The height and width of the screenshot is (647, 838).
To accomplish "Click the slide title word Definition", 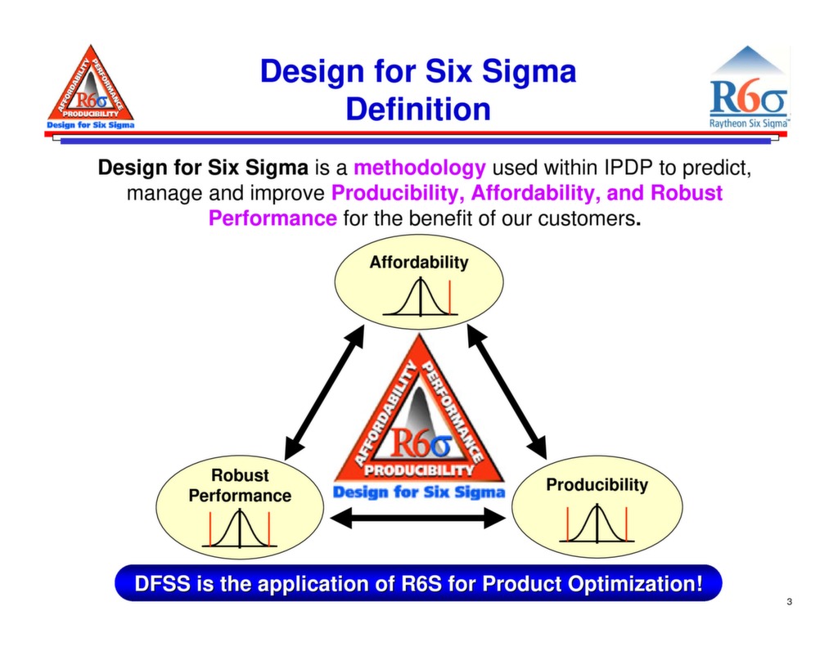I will tap(418, 109).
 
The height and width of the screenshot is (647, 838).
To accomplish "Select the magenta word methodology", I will tap(420, 168).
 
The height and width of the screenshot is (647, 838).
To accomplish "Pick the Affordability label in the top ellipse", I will tap(419, 263).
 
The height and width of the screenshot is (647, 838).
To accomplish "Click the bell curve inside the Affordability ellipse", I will tap(420, 298).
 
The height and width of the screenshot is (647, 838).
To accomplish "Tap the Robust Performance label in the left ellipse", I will tap(240, 485).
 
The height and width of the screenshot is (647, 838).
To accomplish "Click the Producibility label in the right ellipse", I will tap(597, 485).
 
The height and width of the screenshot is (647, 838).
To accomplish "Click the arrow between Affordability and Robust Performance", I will tap(324, 392).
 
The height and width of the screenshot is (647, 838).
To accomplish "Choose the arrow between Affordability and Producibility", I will tap(506, 392).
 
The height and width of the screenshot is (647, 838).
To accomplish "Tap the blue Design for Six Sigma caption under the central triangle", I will tap(419, 492).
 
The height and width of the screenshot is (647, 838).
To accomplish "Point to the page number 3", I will tap(789, 603).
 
